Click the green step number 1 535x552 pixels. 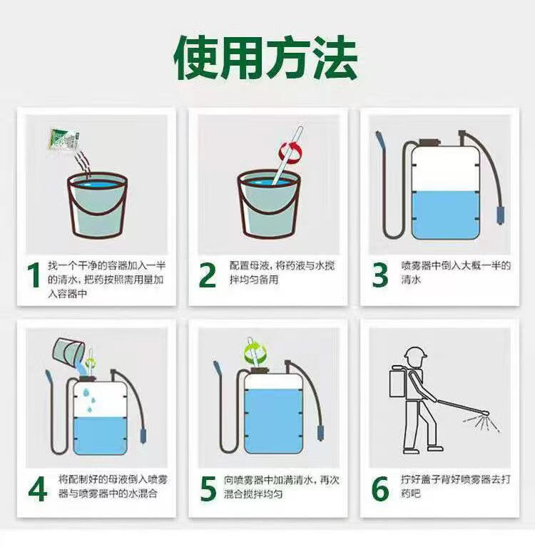click(34, 275)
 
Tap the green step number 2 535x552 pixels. click(207, 275)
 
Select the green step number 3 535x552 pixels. click(379, 275)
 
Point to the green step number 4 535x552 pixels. click(38, 489)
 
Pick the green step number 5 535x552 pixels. click(208, 489)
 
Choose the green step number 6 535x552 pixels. click(380, 489)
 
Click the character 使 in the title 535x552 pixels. click(197, 57)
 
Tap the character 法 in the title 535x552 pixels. click(335, 57)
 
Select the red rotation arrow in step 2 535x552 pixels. click(290, 152)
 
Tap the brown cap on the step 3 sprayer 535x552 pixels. click(430, 142)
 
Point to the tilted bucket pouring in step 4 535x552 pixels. click(68, 351)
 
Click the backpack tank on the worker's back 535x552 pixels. click(397, 382)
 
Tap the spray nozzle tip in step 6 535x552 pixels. click(485, 413)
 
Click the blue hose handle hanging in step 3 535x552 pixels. click(500, 215)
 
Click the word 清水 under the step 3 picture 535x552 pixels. click(411, 280)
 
